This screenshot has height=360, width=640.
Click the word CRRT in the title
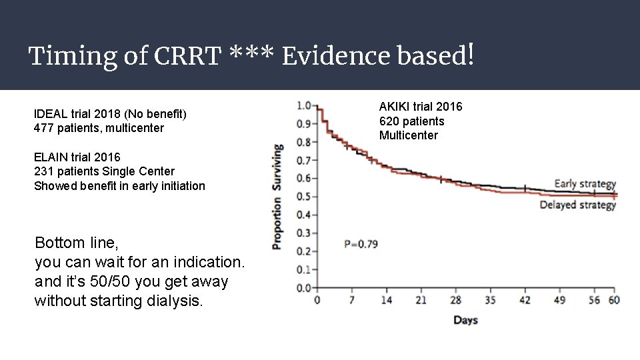pyautogui.click(x=187, y=56)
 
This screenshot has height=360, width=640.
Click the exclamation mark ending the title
pyautogui.click(x=471, y=55)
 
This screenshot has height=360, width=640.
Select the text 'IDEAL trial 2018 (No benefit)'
pyautogui.click(x=110, y=114)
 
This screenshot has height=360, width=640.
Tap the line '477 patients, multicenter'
pyautogui.click(x=99, y=128)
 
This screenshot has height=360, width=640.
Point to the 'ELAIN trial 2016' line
pyautogui.click(x=77, y=157)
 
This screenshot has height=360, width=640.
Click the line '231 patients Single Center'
pyautogui.click(x=104, y=171)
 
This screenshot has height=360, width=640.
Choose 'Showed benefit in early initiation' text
pyautogui.click(x=119, y=186)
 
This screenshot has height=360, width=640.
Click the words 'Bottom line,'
pyautogui.click(x=76, y=242)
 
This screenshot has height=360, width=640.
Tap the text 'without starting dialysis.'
pyautogui.click(x=118, y=301)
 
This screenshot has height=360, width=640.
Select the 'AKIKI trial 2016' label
pyautogui.click(x=420, y=107)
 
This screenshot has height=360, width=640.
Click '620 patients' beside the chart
pyautogui.click(x=411, y=121)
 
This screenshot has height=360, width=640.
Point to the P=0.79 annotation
pyautogui.click(x=361, y=244)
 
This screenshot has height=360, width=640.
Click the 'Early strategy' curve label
pyautogui.click(x=585, y=184)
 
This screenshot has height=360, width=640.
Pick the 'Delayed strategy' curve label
pyautogui.click(x=577, y=205)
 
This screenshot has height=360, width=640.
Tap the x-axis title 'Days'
pyautogui.click(x=465, y=320)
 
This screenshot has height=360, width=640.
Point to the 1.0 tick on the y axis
pyautogui.click(x=303, y=105)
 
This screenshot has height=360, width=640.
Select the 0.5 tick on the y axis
pyautogui.click(x=303, y=197)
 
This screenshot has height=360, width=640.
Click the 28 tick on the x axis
pyautogui.click(x=455, y=300)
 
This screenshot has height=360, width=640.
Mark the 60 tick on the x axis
pyautogui.click(x=613, y=300)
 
